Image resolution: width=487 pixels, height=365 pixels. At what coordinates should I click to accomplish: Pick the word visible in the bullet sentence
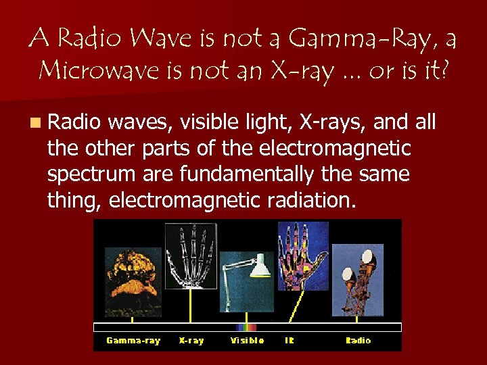tap(209, 122)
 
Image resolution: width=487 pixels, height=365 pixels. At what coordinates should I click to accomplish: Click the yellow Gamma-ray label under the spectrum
tap(133, 341)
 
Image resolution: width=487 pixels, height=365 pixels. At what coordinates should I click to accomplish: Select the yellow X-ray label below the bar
tap(191, 341)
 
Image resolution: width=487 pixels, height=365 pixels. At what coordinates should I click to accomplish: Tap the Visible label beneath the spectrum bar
tap(248, 341)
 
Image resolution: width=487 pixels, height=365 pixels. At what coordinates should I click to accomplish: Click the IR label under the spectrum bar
tap(289, 341)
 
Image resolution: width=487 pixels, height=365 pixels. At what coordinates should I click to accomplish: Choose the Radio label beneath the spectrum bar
tap(358, 341)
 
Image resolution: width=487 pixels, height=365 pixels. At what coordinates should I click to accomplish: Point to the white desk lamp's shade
tap(260, 269)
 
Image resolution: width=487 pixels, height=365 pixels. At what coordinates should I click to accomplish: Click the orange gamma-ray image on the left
tap(132, 278)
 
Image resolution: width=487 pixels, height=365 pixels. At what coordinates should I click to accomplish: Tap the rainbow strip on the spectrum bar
tap(246, 327)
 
